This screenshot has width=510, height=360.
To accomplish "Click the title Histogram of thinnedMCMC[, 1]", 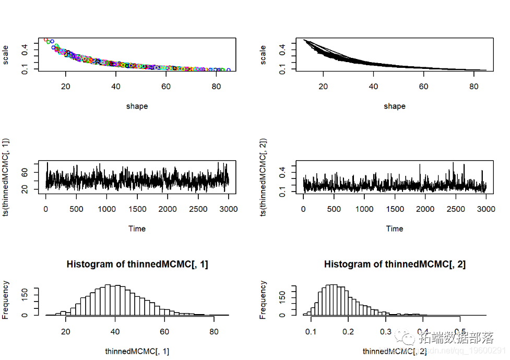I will (137, 265).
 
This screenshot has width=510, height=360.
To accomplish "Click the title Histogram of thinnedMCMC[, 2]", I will (395, 265).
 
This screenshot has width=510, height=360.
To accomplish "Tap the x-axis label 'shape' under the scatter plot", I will (137, 106).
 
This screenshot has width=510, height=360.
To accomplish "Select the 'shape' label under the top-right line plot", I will (395, 106).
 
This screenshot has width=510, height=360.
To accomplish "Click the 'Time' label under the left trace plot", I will (137, 229).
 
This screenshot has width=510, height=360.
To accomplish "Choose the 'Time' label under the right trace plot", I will (395, 229).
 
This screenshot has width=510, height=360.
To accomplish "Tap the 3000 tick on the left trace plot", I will (228, 209).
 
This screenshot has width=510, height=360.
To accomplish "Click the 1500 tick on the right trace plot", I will (395, 209).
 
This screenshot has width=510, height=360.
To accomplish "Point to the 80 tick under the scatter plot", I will (216, 87).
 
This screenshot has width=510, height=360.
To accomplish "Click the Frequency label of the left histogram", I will (6, 299).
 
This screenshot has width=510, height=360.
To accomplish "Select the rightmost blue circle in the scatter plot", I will (228, 70).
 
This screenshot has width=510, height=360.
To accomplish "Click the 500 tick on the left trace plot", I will (76, 209).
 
